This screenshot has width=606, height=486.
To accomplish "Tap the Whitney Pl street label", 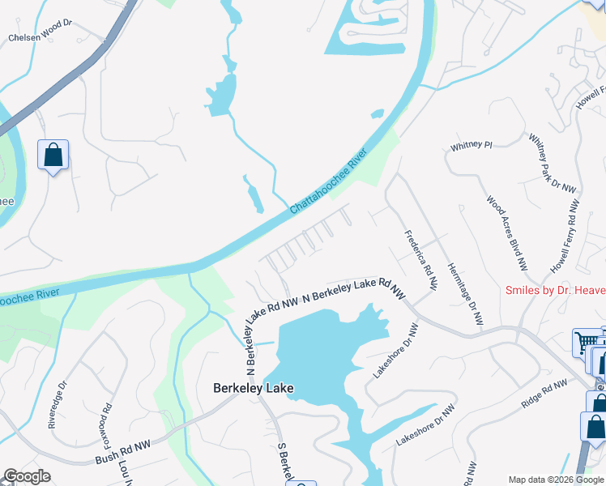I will (472, 146).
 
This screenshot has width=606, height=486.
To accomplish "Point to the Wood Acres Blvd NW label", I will (507, 232).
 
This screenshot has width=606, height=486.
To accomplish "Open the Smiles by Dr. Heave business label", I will (555, 289).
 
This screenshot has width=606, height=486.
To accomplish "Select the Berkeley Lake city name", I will (253, 388).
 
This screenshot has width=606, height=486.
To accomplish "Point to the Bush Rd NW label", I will (123, 445).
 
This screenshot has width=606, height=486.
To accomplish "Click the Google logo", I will (27, 476).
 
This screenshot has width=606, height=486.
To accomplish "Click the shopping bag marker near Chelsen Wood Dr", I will (53, 155).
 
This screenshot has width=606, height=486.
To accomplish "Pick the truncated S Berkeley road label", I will (286, 462).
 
